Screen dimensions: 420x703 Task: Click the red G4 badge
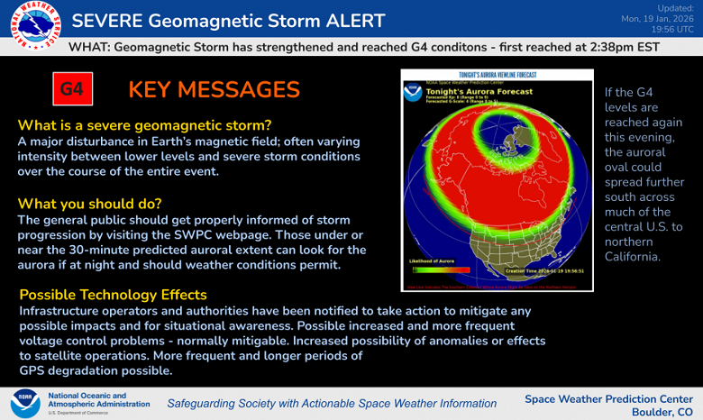pos(71,90)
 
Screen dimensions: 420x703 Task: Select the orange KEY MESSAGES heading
pos(214,89)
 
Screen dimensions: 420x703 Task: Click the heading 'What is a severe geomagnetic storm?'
pos(144,125)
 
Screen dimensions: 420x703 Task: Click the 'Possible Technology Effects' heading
pos(113,295)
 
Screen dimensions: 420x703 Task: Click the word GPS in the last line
pos(33,370)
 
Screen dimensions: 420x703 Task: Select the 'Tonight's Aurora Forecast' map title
pos(482,92)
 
